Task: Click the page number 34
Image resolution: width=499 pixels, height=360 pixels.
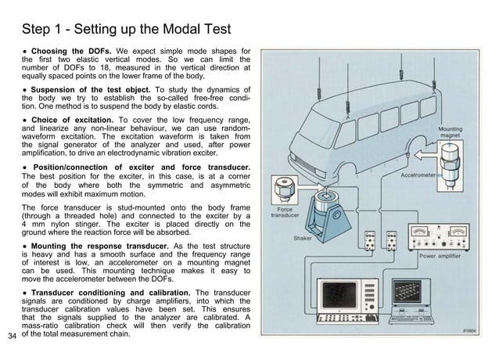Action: coord(11,337)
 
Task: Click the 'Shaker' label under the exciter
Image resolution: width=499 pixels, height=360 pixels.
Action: coord(303,238)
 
